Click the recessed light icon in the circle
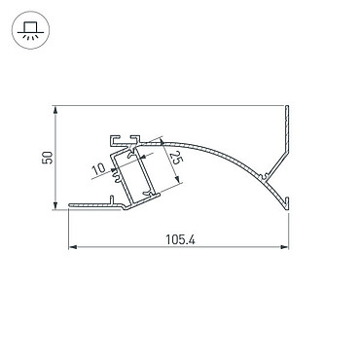pos(30,31)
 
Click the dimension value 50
pos(48,158)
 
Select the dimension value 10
pos(98,169)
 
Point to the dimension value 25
pos(174,158)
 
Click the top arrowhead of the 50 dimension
pos(55,110)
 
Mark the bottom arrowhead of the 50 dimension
pos(55,205)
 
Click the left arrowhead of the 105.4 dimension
pos(73,247)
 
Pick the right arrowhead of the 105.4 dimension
pos(284,247)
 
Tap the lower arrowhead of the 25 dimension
pos(177,179)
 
